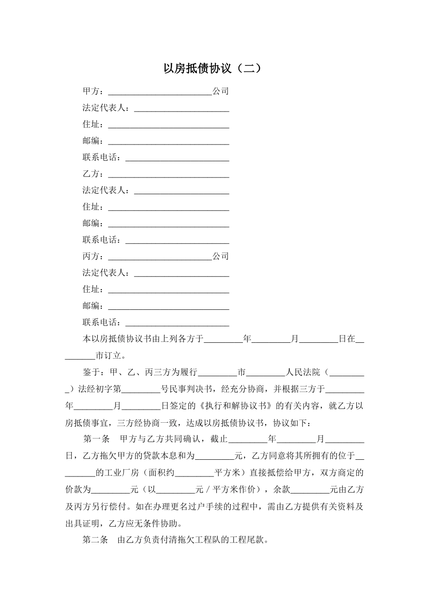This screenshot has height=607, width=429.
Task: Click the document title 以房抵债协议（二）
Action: [x=212, y=69]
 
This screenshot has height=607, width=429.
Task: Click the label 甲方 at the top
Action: [x=91, y=91]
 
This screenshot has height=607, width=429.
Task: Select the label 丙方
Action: [x=91, y=257]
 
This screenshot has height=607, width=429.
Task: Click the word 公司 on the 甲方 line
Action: [x=221, y=91]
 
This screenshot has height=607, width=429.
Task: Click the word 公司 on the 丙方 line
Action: [x=221, y=257]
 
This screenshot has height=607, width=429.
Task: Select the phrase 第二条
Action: [x=95, y=540]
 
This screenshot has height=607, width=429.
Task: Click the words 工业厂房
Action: [x=121, y=473]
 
